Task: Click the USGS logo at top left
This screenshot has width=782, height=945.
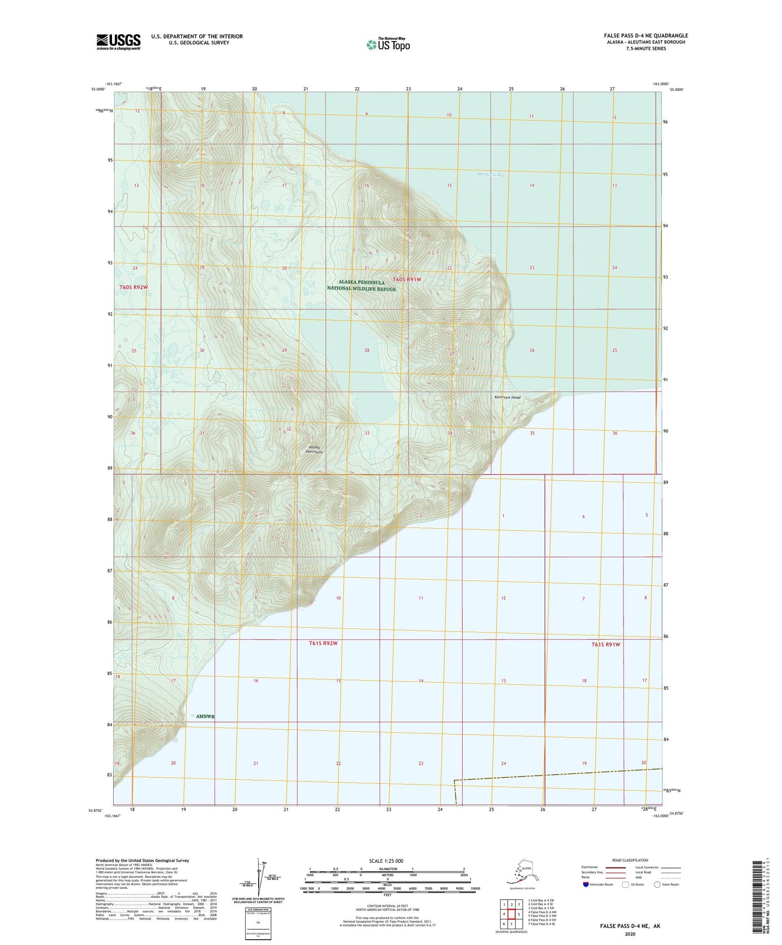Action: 119,42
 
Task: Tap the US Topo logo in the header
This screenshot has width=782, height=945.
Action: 387,44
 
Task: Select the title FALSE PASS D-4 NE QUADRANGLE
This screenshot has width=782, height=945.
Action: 646,36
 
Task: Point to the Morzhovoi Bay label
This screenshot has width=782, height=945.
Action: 491,175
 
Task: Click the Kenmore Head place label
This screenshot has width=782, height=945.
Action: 507,398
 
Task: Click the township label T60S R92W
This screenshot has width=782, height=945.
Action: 133,287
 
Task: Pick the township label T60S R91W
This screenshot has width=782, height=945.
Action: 406,279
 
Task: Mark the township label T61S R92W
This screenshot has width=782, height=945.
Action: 323,643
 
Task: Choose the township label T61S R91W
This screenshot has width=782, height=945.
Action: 605,645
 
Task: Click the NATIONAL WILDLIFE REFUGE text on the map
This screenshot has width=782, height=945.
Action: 361,289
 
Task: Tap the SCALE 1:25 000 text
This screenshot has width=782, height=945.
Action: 386,861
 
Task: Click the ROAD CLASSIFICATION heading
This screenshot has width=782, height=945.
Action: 630,860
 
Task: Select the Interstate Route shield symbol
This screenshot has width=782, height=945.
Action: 586,884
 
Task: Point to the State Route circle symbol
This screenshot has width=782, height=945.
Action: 658,884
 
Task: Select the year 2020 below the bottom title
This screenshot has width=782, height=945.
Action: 630,934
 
